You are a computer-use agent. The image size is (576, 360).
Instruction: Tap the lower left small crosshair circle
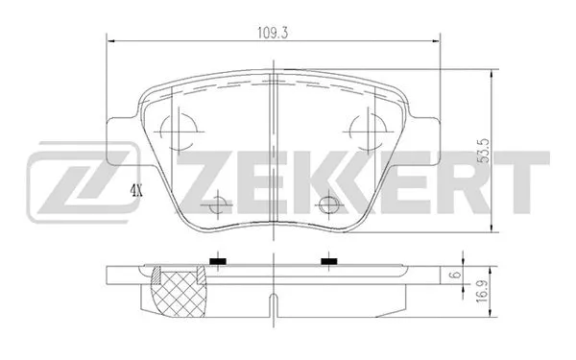tap(220, 204)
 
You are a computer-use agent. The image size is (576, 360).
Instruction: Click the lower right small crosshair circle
tap(329, 204)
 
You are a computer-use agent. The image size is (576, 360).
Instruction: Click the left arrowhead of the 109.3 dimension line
tap(108, 40)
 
